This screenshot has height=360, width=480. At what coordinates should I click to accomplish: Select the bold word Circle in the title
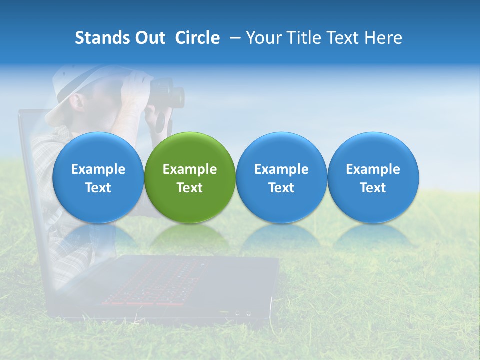click(x=197, y=38)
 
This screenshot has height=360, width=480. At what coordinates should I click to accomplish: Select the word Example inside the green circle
click(x=190, y=169)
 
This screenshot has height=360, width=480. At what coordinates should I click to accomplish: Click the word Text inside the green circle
click(x=190, y=188)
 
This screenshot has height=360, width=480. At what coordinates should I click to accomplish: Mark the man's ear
click(x=77, y=103)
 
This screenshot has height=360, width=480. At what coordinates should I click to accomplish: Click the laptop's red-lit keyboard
click(x=155, y=282)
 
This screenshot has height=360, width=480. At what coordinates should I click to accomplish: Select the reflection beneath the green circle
click(x=190, y=237)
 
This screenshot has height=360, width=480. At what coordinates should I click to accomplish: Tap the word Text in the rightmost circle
click(x=373, y=188)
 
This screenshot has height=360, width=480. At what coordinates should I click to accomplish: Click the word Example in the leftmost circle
click(x=98, y=169)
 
